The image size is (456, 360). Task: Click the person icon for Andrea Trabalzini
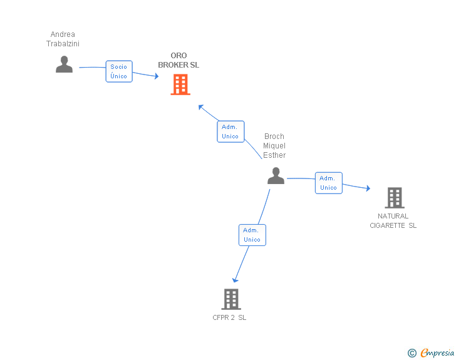[64, 64]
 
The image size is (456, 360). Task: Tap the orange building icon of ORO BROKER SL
[180, 85]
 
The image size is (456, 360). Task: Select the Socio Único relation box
[119, 71]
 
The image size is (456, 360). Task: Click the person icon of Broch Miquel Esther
[276, 176]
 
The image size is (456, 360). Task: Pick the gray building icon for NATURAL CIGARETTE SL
[395, 198]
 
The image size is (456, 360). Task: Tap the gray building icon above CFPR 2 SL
[231, 299]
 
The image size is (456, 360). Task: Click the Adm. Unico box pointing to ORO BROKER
[231, 131]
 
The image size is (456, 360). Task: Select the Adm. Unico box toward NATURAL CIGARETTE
[329, 183]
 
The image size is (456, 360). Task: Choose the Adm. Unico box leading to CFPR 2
[252, 235]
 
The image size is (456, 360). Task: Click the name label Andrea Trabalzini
[63, 39]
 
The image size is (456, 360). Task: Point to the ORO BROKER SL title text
[179, 60]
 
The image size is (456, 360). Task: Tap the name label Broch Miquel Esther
[274, 146]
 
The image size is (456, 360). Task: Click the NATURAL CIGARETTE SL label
[393, 221]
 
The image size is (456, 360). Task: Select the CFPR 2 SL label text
[229, 317]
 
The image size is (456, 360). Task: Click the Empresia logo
[437, 353]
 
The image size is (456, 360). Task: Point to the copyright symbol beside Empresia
[412, 353]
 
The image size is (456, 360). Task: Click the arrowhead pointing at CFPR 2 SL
[235, 280]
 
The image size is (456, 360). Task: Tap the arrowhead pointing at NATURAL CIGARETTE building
[368, 188]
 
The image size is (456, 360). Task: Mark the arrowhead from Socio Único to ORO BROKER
[157, 76]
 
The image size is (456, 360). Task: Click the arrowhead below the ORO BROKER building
[200, 106]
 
